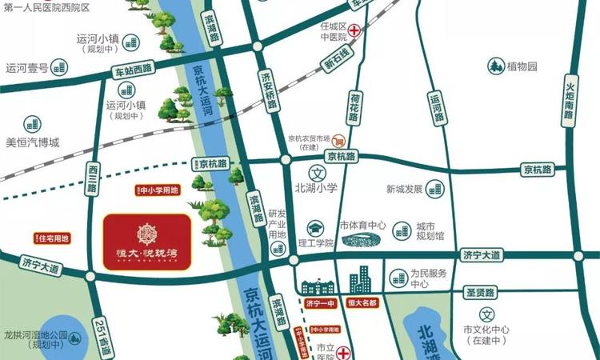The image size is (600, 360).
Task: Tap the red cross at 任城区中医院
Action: tap(352, 30)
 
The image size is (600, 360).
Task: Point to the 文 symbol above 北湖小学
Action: tap(317, 174)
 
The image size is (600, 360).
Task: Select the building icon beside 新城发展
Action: tap(434, 189)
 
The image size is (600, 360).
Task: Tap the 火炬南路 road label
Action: tap(569, 98)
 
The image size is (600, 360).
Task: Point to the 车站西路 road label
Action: tap(132, 70)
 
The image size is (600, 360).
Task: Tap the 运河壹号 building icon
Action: tap(64, 66)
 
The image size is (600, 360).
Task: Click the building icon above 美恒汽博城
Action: tap(32, 124)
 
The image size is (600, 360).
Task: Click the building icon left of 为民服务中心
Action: tap(398, 278)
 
